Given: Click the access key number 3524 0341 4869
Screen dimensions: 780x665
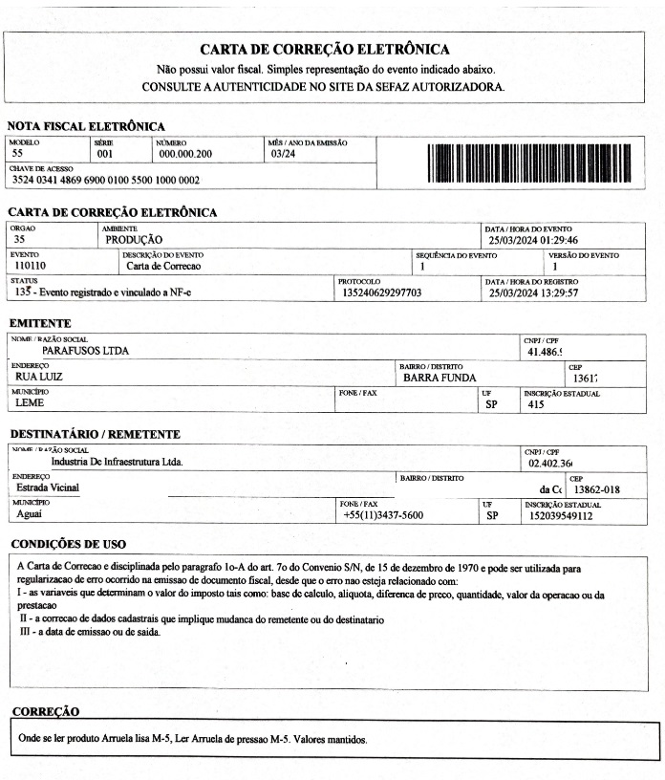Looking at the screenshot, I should [106, 180].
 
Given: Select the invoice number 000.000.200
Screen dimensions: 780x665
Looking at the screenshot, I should [186, 153].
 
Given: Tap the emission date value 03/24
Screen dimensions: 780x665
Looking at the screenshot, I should [283, 153].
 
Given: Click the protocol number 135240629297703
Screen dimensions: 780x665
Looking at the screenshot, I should [380, 292].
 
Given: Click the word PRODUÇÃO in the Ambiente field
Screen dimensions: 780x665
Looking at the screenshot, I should [134, 240].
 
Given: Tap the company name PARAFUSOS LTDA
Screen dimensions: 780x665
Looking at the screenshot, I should [86, 351].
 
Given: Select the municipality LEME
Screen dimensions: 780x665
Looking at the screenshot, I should [31, 403].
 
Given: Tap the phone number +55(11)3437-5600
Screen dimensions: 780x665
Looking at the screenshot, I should [383, 516].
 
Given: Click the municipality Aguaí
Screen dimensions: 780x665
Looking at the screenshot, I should [30, 515].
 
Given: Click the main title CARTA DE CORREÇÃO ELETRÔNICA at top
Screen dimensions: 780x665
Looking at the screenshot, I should [325, 50].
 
